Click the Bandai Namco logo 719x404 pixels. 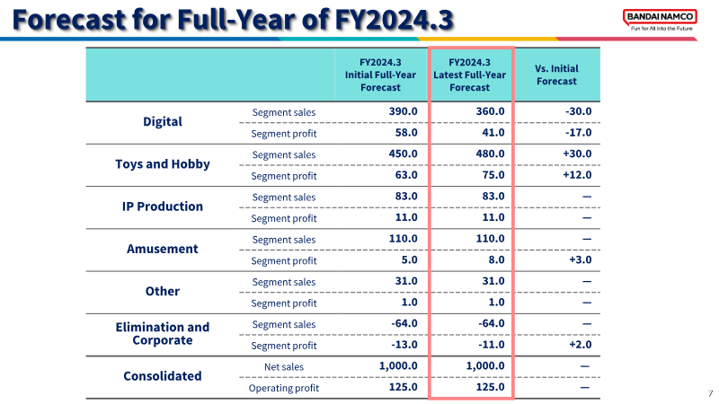(660, 20)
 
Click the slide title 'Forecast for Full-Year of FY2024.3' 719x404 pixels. (233, 19)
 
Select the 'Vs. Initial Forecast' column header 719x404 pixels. (556, 75)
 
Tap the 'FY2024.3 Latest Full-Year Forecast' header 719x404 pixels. (469, 75)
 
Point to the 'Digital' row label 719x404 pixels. (163, 122)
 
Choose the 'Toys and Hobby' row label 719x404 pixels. (163, 164)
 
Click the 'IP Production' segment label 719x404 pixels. (163, 206)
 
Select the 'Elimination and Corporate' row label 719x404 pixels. (163, 333)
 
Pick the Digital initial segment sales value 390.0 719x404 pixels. (403, 111)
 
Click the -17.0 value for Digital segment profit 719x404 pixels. (578, 132)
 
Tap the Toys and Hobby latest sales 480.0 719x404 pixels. (490, 154)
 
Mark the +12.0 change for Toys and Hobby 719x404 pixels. (577, 175)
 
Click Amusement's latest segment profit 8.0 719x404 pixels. (496, 259)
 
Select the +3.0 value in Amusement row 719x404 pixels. (581, 259)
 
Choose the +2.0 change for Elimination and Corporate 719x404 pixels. (581, 345)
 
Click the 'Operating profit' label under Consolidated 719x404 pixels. (284, 388)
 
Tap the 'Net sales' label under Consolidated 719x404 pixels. (284, 367)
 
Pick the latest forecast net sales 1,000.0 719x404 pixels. (485, 365)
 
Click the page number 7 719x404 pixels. (710, 393)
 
